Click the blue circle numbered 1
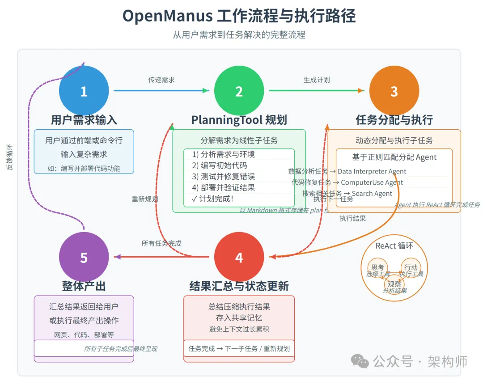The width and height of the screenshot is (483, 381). point(84,91)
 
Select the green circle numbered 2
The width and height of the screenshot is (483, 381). point(239,91)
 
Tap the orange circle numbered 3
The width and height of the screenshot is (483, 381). point(394,91)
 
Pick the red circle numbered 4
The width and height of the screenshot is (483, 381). point(239,257)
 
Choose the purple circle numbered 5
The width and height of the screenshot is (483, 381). point(84,257)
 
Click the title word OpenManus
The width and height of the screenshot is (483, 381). point(167,16)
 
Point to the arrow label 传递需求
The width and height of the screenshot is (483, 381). point(161,80)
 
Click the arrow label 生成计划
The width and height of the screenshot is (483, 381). point(317,80)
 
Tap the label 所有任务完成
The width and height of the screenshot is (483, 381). point(161,243)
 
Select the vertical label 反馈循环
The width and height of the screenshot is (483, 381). point(9,157)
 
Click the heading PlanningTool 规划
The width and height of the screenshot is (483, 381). point(239,120)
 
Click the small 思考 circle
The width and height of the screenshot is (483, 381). point(377,267)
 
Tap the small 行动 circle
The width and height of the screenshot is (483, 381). point(411,267)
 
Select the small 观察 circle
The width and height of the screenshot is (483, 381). point(394,284)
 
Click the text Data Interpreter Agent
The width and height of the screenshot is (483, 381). point(372,171)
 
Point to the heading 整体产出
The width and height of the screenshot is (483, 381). point(84,286)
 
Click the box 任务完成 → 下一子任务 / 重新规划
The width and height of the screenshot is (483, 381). point(239,348)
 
